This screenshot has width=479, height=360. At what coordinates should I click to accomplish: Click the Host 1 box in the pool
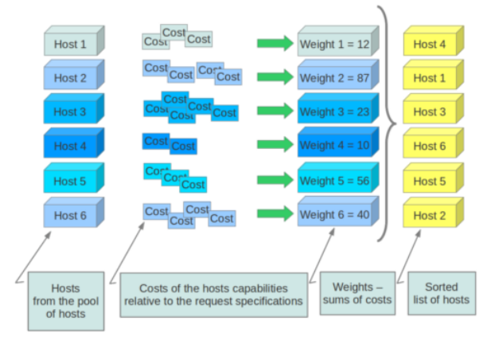[71, 44]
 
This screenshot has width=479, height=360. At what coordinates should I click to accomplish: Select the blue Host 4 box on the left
[71, 146]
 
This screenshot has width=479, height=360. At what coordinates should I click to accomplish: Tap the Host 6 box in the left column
[71, 215]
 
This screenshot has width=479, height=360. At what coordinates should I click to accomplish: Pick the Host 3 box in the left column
[71, 112]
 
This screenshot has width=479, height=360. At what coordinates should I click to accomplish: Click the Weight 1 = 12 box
[334, 44]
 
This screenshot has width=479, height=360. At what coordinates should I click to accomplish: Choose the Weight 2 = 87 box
[334, 78]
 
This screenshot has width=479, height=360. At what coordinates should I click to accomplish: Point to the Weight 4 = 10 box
[334, 146]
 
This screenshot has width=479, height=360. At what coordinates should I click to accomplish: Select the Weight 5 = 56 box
[334, 181]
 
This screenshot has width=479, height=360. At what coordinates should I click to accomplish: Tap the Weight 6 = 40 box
[334, 215]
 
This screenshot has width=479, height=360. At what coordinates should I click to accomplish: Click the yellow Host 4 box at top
[430, 44]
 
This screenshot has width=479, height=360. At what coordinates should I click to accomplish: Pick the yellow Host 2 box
[430, 215]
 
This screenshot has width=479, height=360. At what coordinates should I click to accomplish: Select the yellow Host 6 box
[430, 147]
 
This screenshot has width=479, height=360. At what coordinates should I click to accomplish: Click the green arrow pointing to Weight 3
[275, 112]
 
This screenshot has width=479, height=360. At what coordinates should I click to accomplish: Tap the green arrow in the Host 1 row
[275, 43]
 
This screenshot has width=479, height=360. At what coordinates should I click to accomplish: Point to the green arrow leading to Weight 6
[275, 214]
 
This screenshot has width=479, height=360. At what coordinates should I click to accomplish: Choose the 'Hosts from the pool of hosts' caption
[65, 300]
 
